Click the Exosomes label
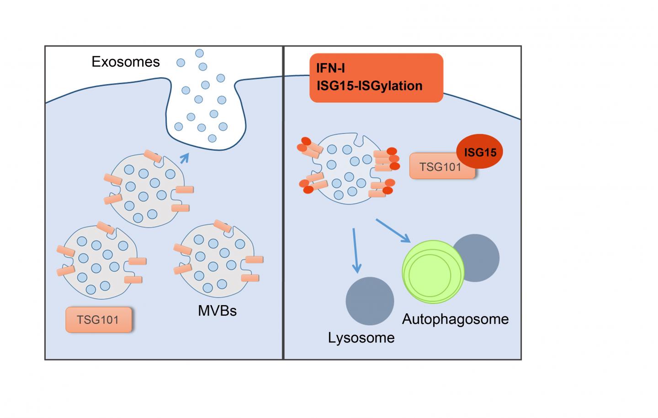(x=126, y=62)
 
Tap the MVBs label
(x=217, y=311)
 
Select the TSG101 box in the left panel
(x=98, y=319)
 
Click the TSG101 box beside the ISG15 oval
(x=440, y=167)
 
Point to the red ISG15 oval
(x=480, y=152)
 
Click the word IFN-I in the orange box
(x=331, y=69)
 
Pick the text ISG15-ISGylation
(x=369, y=85)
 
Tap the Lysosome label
(x=361, y=338)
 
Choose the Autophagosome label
(x=455, y=319)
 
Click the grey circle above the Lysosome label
(x=370, y=301)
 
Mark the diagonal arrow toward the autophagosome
(x=393, y=231)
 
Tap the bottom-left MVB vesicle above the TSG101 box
(x=98, y=260)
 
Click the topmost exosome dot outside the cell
(x=199, y=53)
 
